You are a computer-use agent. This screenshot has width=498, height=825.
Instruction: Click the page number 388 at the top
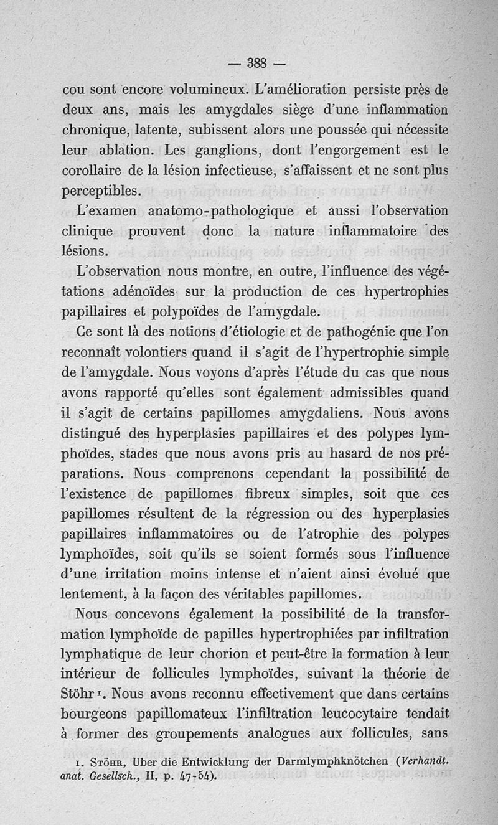tap(256, 62)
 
